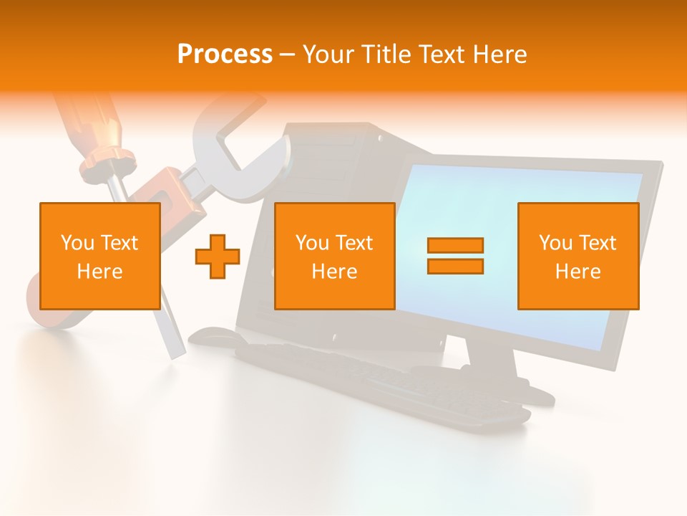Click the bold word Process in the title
(225, 54)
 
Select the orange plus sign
(218, 256)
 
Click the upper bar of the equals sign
(455, 245)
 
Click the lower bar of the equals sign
(455, 266)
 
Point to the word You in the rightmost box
(555, 243)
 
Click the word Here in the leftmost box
(99, 272)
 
